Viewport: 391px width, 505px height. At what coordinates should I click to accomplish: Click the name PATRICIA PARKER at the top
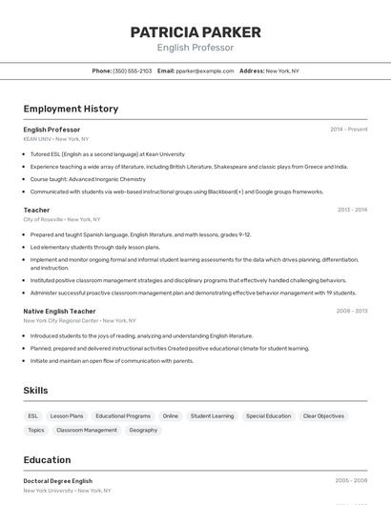coord(195,32)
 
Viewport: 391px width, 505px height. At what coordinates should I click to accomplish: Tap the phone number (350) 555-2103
coord(133,71)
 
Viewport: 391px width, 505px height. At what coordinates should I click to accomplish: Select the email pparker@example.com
coord(205,71)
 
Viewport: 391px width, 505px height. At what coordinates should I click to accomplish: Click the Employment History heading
coord(71,109)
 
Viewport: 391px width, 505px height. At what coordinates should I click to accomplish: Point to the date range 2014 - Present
coord(348,130)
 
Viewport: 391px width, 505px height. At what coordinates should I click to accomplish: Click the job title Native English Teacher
coord(59,311)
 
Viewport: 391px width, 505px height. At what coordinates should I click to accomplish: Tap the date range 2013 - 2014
coord(352,210)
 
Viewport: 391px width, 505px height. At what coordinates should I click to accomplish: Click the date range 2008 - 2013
coord(352,311)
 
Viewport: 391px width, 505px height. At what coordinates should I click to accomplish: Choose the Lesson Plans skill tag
coord(67,416)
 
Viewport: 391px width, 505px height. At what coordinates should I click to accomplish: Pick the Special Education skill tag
coord(268,416)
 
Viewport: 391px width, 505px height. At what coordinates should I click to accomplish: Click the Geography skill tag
coord(143,431)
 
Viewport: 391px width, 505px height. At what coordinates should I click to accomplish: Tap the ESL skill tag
coord(33,416)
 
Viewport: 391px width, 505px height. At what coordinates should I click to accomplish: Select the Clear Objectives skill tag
coord(323,416)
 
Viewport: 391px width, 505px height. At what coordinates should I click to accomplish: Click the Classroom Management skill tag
coord(87,431)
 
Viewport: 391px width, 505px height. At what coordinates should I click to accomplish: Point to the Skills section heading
coord(36,391)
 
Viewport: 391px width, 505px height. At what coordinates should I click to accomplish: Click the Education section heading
coord(47,460)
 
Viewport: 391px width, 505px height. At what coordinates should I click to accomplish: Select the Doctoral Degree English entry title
coord(58,481)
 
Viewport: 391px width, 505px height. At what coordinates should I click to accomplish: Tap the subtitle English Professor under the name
coord(195,48)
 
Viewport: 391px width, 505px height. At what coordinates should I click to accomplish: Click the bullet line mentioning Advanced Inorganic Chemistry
coord(88,179)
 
